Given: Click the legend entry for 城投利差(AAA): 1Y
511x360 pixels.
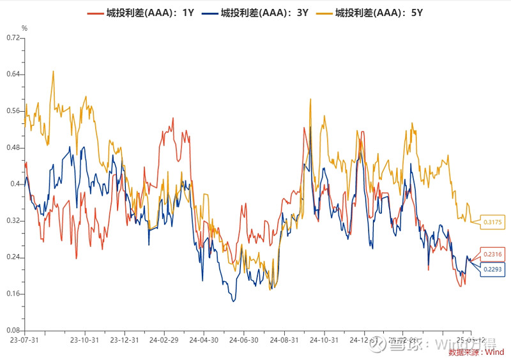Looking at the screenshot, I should click(x=148, y=12).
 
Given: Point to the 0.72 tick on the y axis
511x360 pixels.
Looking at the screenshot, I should click(x=13, y=38).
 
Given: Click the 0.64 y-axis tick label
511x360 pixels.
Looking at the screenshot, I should click(x=13, y=74).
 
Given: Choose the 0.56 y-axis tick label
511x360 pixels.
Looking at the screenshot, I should click(x=13, y=111).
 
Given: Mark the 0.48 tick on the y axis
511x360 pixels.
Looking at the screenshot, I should click(x=13, y=147).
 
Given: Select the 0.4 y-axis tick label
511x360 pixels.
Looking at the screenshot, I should click(x=15, y=184).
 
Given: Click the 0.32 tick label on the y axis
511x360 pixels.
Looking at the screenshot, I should click(x=13, y=221).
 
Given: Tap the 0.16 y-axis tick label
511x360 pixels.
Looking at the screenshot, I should click(x=13, y=294).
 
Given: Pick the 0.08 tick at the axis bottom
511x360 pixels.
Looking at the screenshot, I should click(x=13, y=331).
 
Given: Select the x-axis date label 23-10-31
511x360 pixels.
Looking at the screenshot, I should click(x=84, y=341).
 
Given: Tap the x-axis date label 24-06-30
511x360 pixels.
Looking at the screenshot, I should click(x=244, y=341).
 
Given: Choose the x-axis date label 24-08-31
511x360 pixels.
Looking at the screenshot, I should click(x=284, y=341).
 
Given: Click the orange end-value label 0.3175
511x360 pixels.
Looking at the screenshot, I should click(x=494, y=221).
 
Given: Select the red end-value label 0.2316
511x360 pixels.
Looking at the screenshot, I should click(x=494, y=255).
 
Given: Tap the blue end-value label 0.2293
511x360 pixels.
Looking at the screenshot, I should click(x=494, y=269).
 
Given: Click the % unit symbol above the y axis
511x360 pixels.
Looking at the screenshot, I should click(x=24, y=28).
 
